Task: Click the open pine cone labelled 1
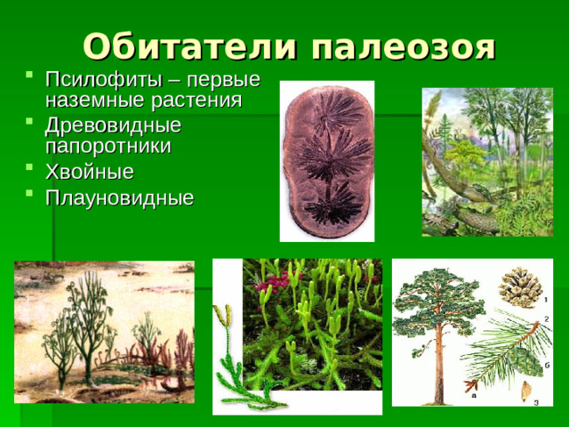tap(517, 286)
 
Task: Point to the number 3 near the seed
tap(536, 401)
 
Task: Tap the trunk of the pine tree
tap(438, 365)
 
